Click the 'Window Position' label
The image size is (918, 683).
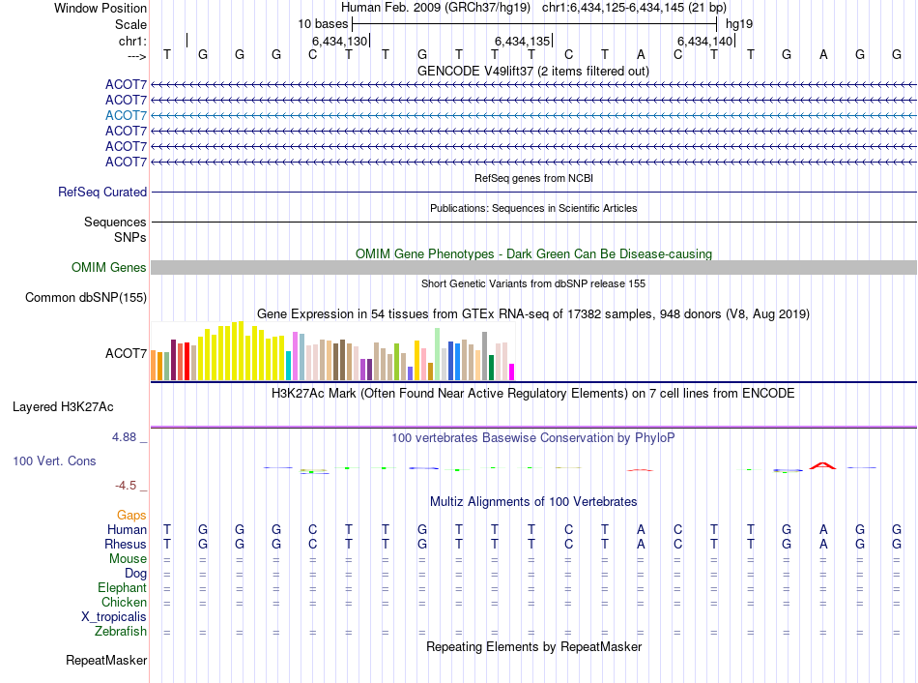100,8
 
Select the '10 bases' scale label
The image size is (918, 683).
323,24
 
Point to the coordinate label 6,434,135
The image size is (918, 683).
522,41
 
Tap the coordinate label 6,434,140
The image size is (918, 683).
704,41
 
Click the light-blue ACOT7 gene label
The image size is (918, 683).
126,115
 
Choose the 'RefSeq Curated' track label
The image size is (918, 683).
102,192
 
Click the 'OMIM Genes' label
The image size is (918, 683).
109,267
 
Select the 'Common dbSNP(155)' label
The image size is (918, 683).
86,297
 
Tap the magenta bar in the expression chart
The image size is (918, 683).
511,372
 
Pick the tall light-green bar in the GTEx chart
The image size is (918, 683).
438,354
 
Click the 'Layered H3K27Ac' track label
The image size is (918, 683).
63,407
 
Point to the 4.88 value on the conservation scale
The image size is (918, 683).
124,436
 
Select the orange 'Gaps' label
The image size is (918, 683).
131,515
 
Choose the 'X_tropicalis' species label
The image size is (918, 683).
114,617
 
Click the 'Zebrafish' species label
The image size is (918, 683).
121,632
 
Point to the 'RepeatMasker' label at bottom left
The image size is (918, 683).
106,660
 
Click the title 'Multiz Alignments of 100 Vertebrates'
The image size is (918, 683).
533,501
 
